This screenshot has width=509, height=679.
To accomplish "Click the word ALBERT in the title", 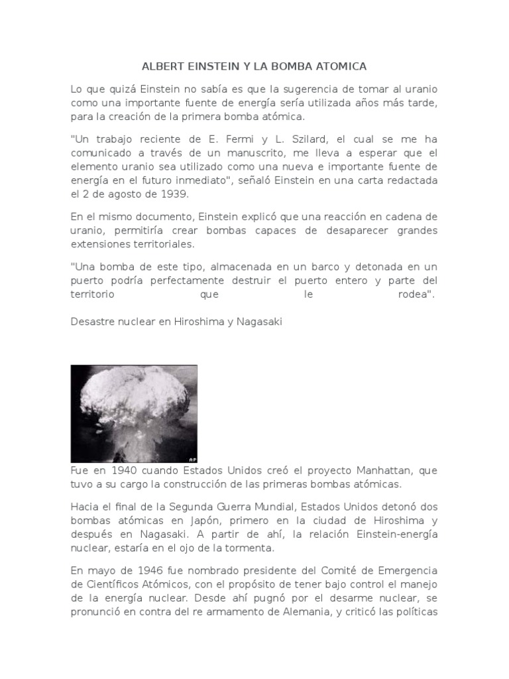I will pyautogui.click(x=161, y=67).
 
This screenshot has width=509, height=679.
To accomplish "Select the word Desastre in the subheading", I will pyautogui.click(x=91, y=322).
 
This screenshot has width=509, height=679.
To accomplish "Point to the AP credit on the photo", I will pyautogui.click(x=192, y=459).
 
